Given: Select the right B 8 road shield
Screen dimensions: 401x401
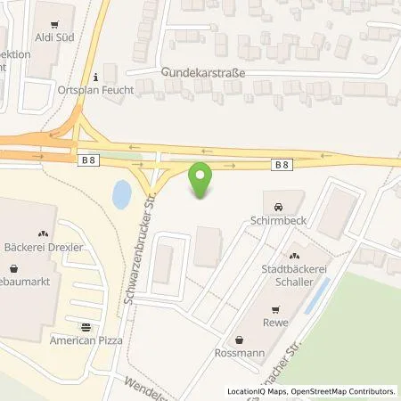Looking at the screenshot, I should point(282,164).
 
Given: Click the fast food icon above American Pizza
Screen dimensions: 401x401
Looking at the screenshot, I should point(86,327).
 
